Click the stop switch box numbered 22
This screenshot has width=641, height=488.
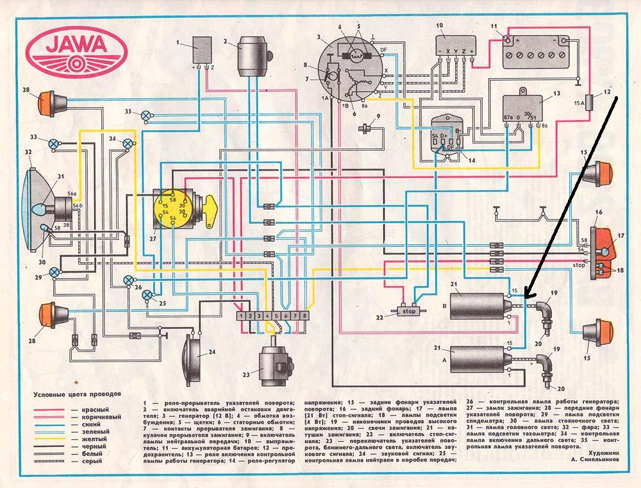click(x=408, y=311)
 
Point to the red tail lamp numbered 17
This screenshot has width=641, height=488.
click(x=603, y=243)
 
